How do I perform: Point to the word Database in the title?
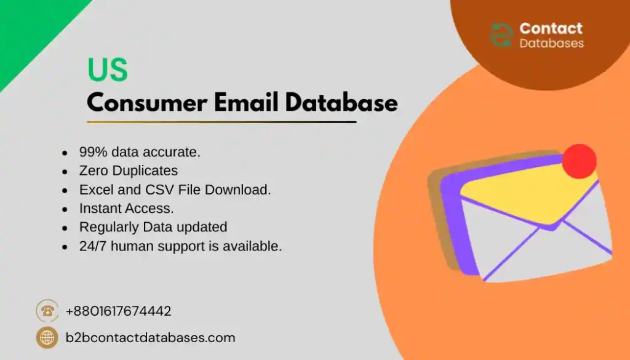tap(333, 102)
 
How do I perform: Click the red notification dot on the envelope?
tap(580, 161)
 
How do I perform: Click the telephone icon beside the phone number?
tap(47, 311)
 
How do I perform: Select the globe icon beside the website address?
tap(47, 337)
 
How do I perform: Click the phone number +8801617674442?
tap(118, 311)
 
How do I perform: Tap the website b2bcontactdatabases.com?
tap(150, 338)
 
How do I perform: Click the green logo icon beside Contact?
tap(501, 36)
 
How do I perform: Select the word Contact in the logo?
tap(551, 28)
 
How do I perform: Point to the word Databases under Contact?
tap(551, 44)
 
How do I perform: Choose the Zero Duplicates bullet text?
tap(128, 171)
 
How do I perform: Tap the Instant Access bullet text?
tap(126, 209)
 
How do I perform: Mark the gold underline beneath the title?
tap(221, 122)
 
